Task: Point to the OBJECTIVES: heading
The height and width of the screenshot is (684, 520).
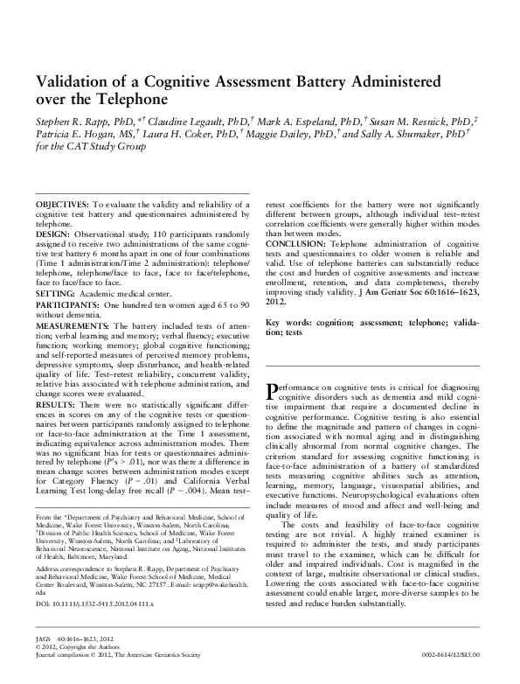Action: click(x=62, y=203)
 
